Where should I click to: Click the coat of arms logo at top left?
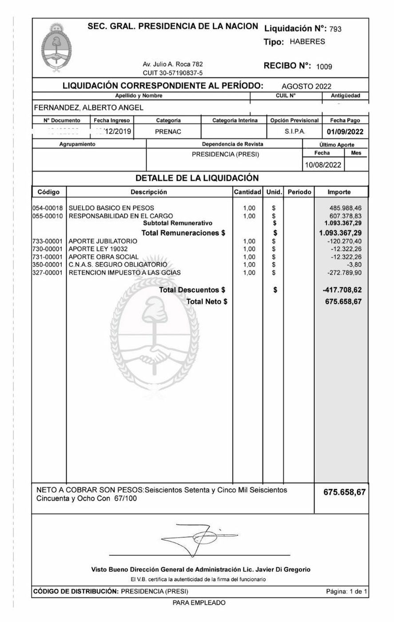(x=56, y=49)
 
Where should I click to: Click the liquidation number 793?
(x=336, y=29)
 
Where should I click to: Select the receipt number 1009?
(x=324, y=67)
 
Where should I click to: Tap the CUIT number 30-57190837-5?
(x=172, y=73)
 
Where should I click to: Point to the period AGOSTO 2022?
(x=306, y=87)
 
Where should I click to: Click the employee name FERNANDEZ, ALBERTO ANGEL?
(x=89, y=108)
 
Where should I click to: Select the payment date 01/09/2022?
(x=345, y=132)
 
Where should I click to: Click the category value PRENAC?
(x=168, y=132)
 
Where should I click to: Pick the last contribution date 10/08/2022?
(x=323, y=165)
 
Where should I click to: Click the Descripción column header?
(x=149, y=192)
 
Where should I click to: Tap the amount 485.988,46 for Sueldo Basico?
(x=345, y=208)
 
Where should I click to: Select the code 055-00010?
(x=48, y=216)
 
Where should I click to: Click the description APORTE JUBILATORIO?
(x=103, y=241)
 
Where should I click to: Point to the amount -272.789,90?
(x=344, y=273)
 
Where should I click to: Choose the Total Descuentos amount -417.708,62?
(x=342, y=290)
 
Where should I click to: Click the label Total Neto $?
(x=207, y=302)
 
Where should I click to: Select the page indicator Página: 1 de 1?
(x=346, y=591)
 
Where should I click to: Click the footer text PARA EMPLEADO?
(x=199, y=603)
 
